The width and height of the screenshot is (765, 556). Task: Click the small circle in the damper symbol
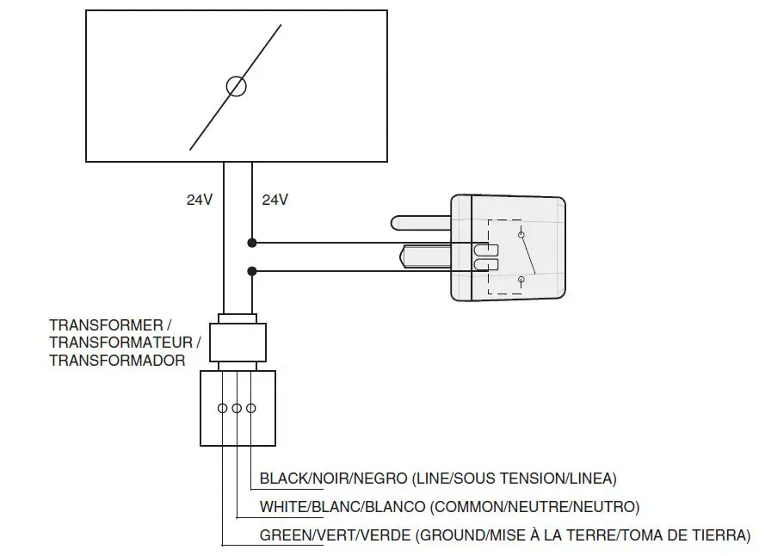tap(236, 85)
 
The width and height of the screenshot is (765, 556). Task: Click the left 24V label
tap(200, 200)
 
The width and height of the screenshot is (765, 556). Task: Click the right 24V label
tap(275, 200)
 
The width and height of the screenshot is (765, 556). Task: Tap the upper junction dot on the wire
tap(251, 242)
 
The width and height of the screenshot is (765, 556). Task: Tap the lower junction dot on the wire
tap(251, 272)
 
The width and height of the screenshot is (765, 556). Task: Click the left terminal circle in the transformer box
tap(223, 408)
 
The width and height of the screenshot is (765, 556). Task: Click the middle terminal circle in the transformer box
tap(237, 408)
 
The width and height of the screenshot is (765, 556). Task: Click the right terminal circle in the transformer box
tap(250, 408)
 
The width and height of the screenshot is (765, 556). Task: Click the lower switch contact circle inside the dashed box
tap(521, 280)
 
